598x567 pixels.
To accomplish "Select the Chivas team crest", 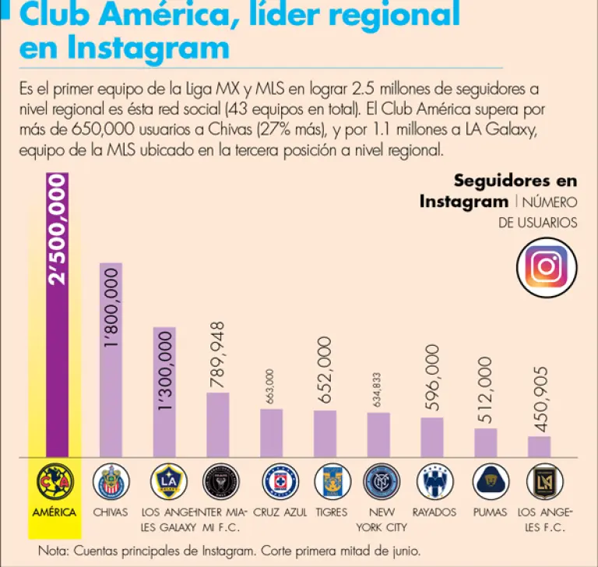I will click(x=111, y=482).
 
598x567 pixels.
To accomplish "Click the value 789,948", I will click(x=218, y=354).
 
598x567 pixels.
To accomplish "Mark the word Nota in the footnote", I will click(x=53, y=551).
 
